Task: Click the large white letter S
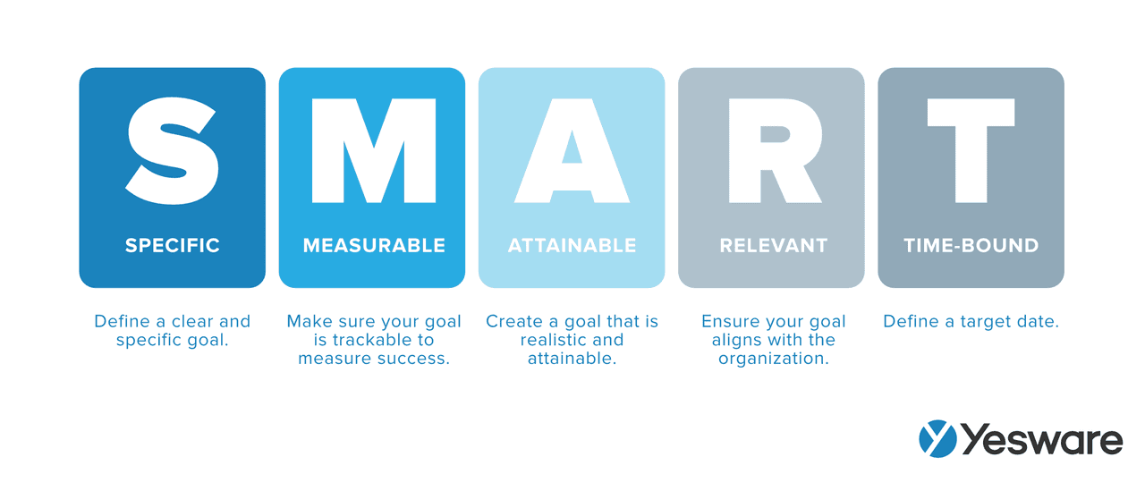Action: (173, 150)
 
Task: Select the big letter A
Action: (572, 150)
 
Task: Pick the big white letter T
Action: (971, 150)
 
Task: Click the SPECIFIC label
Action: (173, 245)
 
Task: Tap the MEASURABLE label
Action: (373, 245)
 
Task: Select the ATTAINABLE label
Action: (572, 245)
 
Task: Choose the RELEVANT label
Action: (773, 245)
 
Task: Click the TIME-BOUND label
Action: (971, 245)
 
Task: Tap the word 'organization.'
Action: (773, 359)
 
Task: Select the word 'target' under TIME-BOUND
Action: (985, 321)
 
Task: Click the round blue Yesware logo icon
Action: (937, 439)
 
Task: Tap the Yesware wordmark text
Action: (1041, 439)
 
